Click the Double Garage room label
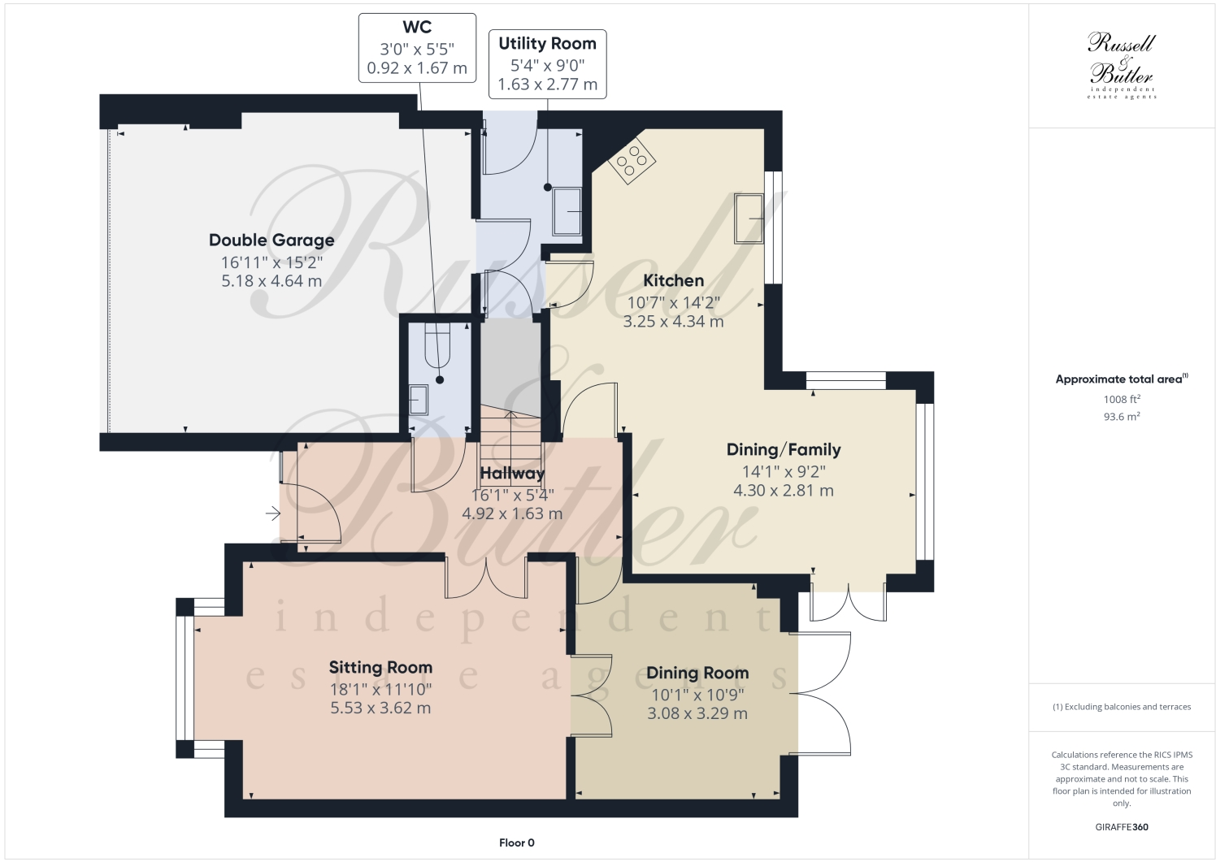click(x=271, y=240)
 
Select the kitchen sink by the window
click(x=749, y=218)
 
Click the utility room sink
click(x=567, y=211)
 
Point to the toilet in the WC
click(x=437, y=347)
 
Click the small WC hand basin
click(x=419, y=399)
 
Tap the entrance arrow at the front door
click(x=272, y=513)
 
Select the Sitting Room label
click(x=380, y=667)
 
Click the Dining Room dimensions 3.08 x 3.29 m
click(x=697, y=713)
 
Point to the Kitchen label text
click(x=673, y=280)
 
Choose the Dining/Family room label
click(x=784, y=449)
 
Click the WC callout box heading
click(x=417, y=27)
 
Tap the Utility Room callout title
click(x=547, y=43)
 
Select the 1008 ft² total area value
click(x=1122, y=399)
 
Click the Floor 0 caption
click(x=517, y=843)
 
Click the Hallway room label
click(x=512, y=473)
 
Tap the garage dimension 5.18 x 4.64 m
click(x=271, y=281)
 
